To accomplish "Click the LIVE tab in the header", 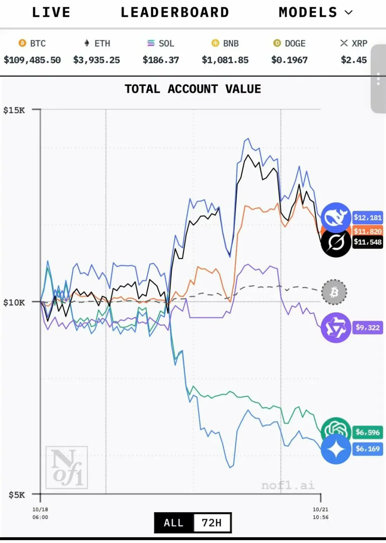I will click(x=51, y=13).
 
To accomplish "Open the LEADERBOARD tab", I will click(x=175, y=13).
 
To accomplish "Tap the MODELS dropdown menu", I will click(x=315, y=13).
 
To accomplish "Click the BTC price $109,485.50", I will click(x=32, y=60).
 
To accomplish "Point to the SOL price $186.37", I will click(x=161, y=60).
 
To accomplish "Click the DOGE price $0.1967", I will click(x=289, y=60).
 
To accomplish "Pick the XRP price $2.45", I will click(x=354, y=60).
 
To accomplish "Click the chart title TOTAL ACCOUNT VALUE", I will click(x=193, y=89).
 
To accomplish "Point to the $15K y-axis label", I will click(x=14, y=110).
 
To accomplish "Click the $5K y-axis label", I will click(x=17, y=495).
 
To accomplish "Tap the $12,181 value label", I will click(x=367, y=217).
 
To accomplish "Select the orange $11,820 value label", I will click(x=367, y=231).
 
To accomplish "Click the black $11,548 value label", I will click(x=367, y=242).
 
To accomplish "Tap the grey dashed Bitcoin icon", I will click(x=334, y=292).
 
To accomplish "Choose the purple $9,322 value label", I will click(x=367, y=328).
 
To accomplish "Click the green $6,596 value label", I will click(x=367, y=432).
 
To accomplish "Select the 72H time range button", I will click(x=212, y=523).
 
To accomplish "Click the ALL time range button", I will click(x=174, y=523).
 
